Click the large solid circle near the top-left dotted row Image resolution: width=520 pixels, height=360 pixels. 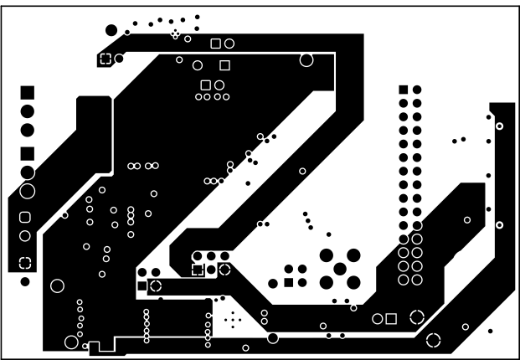[111, 30]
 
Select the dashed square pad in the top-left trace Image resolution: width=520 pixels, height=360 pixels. [106, 59]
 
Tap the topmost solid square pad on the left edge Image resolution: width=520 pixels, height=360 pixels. [28, 91]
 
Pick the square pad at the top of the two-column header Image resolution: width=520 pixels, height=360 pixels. [404, 90]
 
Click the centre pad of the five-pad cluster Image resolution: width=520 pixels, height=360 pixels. [340, 269]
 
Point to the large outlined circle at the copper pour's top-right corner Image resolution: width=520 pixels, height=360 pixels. [306, 59]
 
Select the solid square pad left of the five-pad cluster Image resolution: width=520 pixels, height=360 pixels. [289, 282]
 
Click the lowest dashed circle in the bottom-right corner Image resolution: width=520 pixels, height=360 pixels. [434, 339]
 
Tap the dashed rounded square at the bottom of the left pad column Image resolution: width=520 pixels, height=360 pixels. [26, 262]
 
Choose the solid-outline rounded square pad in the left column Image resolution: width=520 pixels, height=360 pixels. [25, 218]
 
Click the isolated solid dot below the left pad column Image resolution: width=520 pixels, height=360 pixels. [25, 281]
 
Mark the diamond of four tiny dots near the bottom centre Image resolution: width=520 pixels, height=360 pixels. [233, 319]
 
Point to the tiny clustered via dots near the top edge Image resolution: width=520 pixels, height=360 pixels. [175, 34]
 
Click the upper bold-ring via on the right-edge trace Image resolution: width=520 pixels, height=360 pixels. [499, 126]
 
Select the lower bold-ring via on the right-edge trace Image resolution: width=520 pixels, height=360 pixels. [499, 225]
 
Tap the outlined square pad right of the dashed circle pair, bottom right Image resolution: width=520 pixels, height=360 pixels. [391, 318]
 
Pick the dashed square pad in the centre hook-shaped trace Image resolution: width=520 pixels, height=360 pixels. [198, 270]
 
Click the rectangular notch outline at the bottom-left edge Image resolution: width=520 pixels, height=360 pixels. [95, 346]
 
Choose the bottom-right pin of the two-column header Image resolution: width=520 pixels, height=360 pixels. [416, 279]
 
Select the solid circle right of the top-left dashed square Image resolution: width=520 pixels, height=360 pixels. [119, 59]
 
